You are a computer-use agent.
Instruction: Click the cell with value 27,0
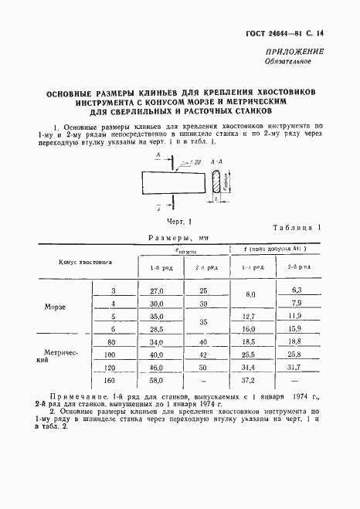click(157, 290)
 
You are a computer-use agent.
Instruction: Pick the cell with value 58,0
click(157, 382)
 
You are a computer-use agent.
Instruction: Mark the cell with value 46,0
click(157, 368)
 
